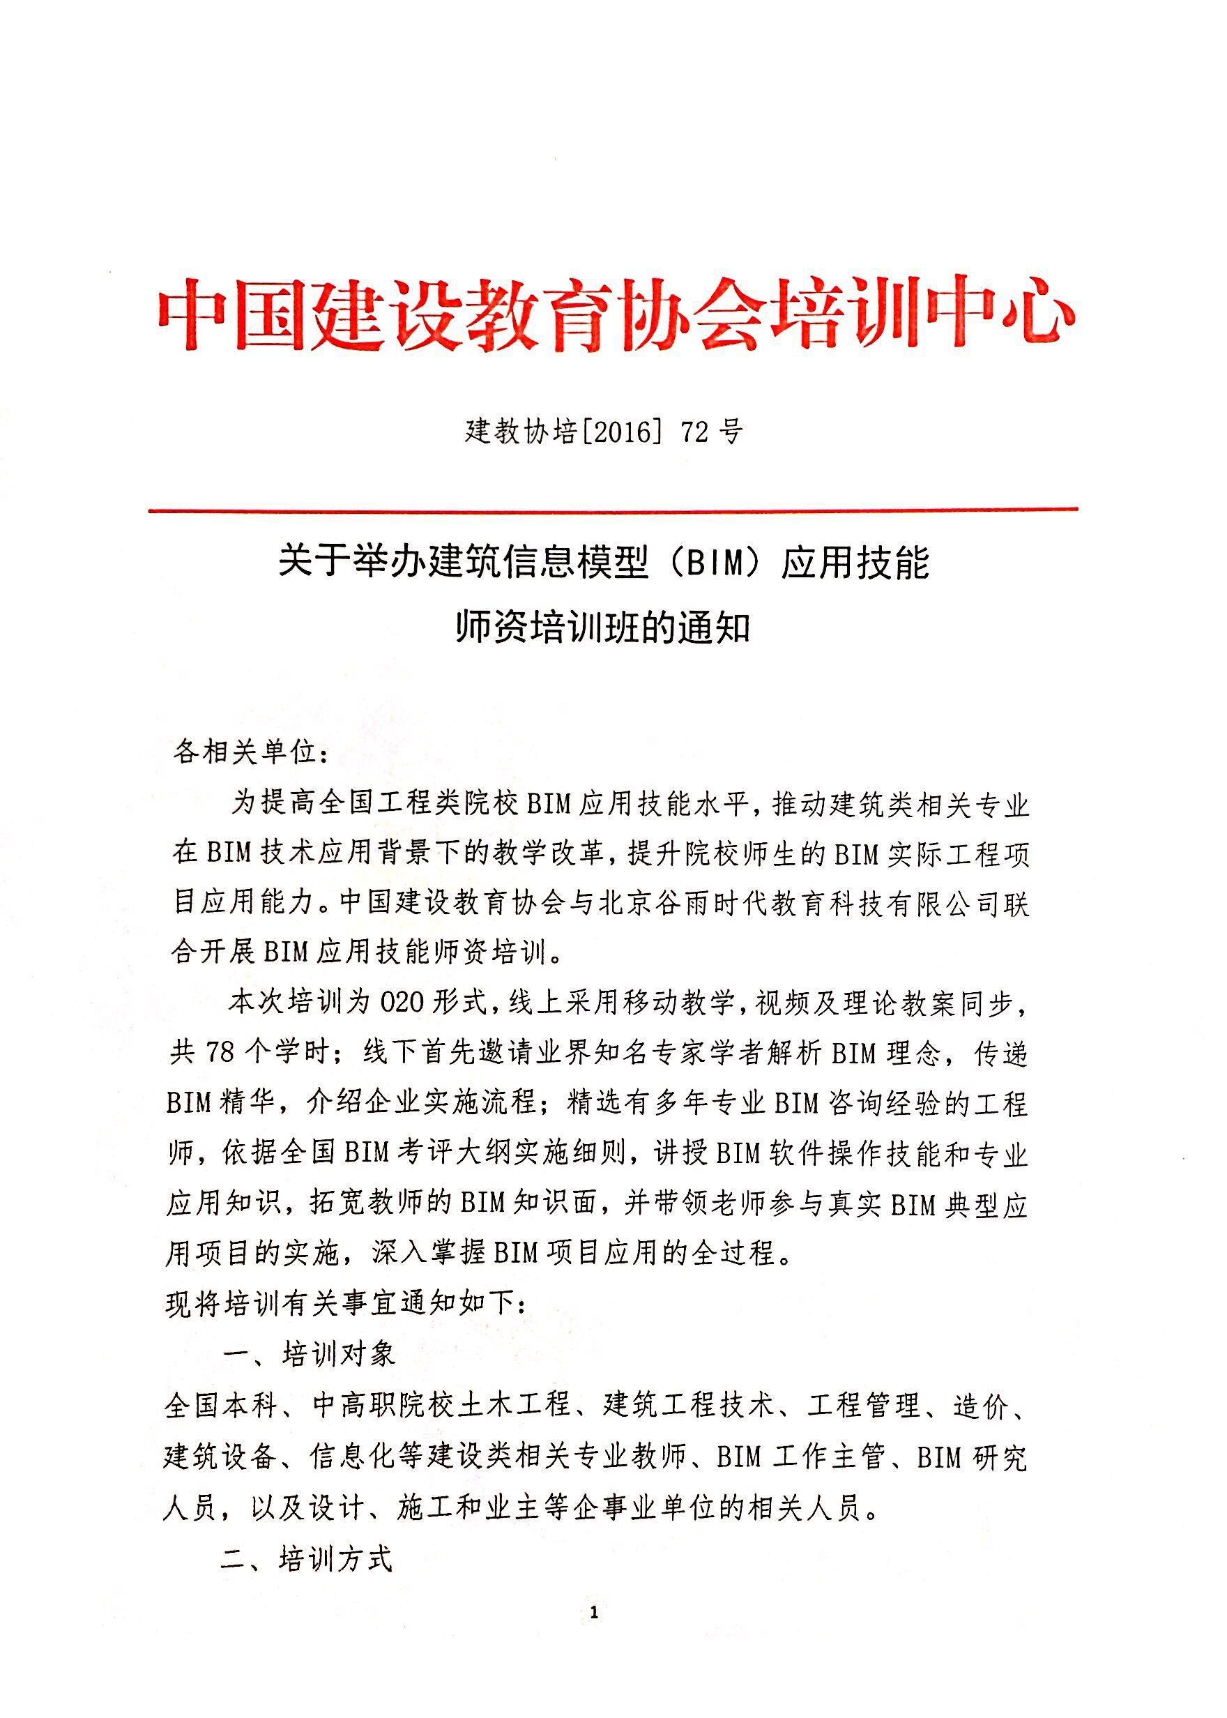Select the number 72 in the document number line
coord(695,432)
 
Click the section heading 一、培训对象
coord(310,1355)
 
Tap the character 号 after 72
coord(731,432)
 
